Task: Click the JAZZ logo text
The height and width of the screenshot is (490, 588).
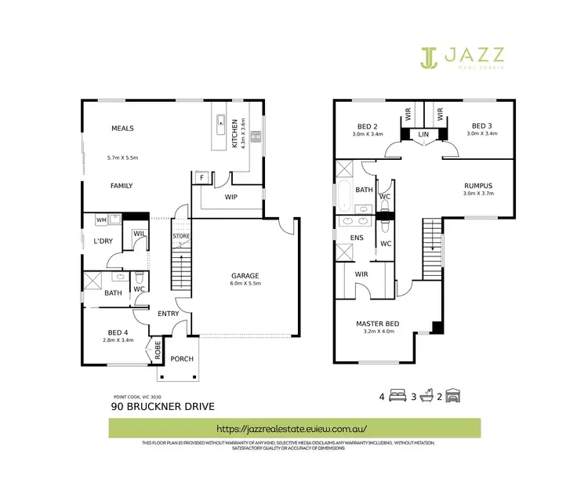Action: coord(474,56)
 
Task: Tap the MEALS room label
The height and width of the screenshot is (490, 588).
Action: coord(122,128)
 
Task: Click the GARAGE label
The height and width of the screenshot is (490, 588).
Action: coord(245,276)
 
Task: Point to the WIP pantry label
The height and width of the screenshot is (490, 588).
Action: coord(231,197)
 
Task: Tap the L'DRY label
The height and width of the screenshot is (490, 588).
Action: coord(103,241)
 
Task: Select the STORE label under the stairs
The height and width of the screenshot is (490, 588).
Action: coord(181,236)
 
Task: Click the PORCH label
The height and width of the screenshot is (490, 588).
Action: coord(182,359)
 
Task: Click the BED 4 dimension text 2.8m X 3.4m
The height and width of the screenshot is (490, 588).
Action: coord(116,339)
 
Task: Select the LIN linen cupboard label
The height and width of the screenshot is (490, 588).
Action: coord(423,135)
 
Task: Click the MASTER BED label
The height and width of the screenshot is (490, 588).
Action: coord(377,324)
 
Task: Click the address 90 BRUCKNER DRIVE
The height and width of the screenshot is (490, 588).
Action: coord(162,407)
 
